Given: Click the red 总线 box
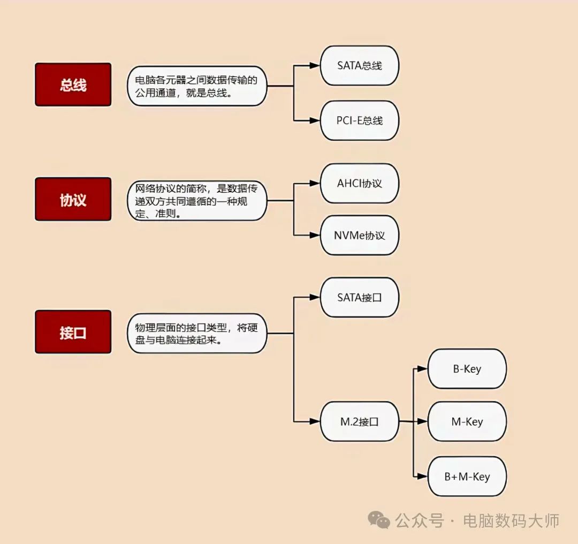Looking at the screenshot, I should coord(73,85).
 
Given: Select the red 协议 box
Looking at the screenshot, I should coord(73,199).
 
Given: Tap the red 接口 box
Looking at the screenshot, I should coord(73,332).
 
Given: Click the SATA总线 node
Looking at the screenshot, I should coord(360,65).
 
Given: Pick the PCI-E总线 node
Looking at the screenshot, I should coord(360,120).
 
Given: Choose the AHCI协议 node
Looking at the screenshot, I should coord(360,183).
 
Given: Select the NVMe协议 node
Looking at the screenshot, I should coord(360,235).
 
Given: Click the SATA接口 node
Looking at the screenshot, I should coord(360,297).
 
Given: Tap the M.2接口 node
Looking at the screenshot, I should coord(360,421).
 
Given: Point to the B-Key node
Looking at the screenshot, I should coord(467,368).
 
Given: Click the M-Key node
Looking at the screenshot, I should coord(467,421).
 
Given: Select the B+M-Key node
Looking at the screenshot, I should coord(467,476).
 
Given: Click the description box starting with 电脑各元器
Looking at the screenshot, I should coord(196,86).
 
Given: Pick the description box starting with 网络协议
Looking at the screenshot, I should coord(196,201).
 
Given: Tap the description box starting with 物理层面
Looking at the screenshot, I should coord(196,333).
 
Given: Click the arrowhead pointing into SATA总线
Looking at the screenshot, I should coord(315,66).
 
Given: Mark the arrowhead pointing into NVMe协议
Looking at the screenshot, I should coord(315,235).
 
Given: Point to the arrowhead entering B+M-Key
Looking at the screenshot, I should coord(422,476).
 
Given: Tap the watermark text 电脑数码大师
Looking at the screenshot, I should coord(511,520).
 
